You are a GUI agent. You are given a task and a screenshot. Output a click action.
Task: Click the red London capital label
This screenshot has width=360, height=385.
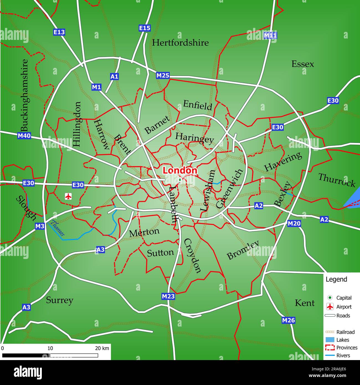tap(180, 170)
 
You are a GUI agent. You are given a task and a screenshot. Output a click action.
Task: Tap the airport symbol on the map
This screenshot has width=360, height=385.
tap(68, 196)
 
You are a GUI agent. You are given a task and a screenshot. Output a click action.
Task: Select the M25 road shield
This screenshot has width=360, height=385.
tap(163, 75)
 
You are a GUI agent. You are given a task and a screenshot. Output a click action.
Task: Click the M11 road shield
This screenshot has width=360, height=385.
tap(270, 35)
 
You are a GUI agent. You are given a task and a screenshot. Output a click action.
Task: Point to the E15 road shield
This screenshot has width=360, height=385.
tap(145, 28)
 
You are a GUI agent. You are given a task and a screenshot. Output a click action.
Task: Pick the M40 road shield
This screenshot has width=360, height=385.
tap(24, 136)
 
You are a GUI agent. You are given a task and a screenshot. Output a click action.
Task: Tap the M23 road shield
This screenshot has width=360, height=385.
tap(168, 296)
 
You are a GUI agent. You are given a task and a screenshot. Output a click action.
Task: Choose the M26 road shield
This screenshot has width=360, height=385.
tap(288, 320)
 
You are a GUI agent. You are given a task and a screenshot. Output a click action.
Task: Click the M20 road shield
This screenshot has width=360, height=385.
tap(294, 223)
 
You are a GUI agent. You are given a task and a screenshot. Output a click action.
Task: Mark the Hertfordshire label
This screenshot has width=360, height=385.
tap(180, 43)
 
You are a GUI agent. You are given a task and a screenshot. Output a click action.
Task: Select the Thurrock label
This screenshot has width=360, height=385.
tap(336, 180)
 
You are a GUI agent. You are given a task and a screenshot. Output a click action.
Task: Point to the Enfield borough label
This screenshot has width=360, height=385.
tap(198, 105)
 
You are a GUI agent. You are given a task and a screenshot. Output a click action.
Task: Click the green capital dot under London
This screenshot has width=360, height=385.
tap(180, 180)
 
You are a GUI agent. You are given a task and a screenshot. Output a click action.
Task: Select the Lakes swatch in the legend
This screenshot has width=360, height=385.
tap(330, 340)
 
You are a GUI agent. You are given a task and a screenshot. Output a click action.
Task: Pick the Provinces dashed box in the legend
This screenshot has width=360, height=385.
tap(330, 348)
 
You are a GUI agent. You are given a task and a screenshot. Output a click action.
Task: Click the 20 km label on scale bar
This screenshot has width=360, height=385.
tap(102, 348)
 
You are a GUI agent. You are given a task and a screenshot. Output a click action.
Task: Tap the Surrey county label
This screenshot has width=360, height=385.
tap(60, 300)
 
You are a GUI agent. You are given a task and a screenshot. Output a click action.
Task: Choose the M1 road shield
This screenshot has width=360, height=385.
tap(96, 87)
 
